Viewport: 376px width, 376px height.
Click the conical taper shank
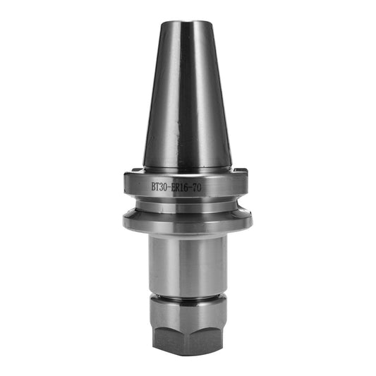pos(187,99)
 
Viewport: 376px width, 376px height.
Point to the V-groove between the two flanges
pos(187,205)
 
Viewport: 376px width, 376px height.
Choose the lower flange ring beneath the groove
pos(187,222)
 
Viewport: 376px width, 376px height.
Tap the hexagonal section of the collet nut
pos(187,331)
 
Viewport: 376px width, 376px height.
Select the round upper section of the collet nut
pos(187,305)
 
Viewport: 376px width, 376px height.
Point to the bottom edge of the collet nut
pos(187,354)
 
